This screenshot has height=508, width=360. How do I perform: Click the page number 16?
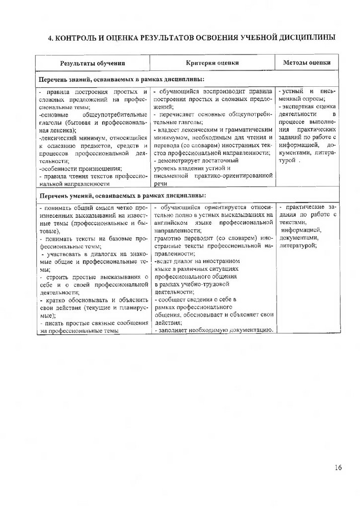coord(338,467)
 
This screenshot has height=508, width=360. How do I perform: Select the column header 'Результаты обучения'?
coord(93,63)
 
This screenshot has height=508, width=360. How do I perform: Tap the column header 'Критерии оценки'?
coord(213,63)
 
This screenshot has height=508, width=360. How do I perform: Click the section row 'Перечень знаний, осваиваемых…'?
coord(121,79)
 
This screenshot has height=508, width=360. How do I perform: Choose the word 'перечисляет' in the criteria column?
coord(178,114)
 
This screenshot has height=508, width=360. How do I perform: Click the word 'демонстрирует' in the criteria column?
coord(182,161)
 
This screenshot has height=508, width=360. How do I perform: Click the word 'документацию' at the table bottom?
coord(247,330)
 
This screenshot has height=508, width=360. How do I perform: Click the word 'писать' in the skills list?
coord(55,323)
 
